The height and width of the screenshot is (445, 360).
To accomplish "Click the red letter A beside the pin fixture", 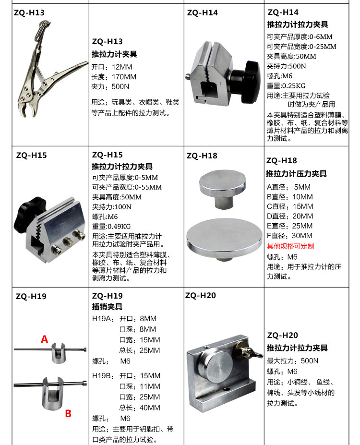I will [x=45, y=339].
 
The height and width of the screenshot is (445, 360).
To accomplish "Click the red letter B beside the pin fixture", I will [x=68, y=413].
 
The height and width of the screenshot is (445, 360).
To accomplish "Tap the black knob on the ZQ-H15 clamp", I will [x=30, y=212].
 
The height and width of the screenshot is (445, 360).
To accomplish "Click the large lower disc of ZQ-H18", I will [x=222, y=238].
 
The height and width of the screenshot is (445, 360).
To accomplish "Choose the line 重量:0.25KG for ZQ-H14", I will [x=288, y=86].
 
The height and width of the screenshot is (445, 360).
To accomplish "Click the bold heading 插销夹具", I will [x=107, y=306].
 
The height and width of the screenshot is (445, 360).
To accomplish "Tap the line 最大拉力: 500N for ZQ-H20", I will [x=293, y=361].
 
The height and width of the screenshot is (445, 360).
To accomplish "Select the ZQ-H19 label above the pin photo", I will [x=31, y=296].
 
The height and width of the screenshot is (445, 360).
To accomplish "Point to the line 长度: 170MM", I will [x=114, y=77].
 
